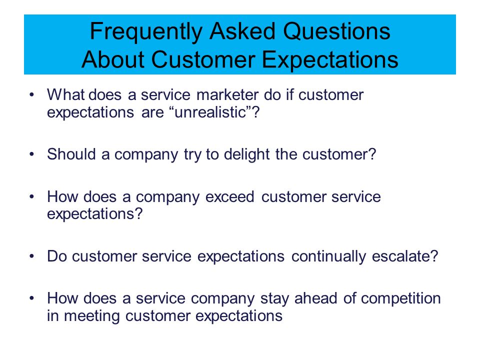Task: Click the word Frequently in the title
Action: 146,32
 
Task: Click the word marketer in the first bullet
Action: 227,95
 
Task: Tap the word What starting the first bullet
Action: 65,94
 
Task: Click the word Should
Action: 71,154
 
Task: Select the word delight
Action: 246,154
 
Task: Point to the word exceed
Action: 229,196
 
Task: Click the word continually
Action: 328,256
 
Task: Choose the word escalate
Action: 404,256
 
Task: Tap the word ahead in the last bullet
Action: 315,298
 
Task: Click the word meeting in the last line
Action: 91,316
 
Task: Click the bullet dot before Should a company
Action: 32,154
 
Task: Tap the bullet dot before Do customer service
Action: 32,256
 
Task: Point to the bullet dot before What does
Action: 32,95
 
